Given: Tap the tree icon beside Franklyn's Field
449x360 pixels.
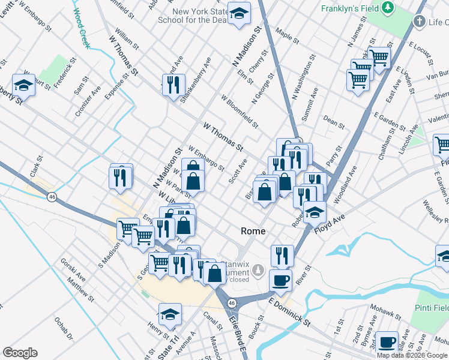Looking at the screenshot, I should pos(388,7).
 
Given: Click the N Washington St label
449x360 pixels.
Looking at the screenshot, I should pos(304,79).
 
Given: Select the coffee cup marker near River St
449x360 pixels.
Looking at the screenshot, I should pos(282,279).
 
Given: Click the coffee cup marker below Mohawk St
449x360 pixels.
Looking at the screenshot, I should pos(387,341).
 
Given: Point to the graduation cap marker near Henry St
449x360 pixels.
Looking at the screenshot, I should pos(170,314).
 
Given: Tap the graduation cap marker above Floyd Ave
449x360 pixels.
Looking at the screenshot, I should pos(314,212).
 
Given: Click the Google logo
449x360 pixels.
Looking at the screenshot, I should pos(20,353).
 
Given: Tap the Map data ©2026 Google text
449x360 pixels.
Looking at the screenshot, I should pos(412,355).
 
